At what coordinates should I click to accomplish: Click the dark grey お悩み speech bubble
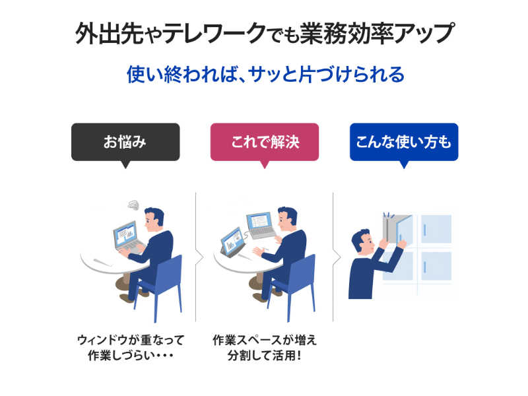coord(125,142)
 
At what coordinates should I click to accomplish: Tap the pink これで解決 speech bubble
coord(265,142)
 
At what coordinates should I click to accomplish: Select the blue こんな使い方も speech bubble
coord(404,142)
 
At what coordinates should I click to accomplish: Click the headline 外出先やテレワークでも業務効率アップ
coord(265,34)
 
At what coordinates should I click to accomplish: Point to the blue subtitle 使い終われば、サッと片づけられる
coord(265,75)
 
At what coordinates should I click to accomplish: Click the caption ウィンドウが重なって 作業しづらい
coord(131,347)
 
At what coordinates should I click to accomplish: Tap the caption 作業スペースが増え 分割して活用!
coord(265,347)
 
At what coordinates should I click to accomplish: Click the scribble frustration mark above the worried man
coord(134,205)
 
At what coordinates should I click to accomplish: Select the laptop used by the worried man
coord(129,238)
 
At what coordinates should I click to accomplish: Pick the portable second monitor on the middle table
coord(232,240)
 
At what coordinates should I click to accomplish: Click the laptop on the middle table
coord(261,226)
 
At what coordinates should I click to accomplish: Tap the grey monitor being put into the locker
coord(391,228)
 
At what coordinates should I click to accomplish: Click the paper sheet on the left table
coord(104,261)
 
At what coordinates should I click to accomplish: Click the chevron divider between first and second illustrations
coord(199,258)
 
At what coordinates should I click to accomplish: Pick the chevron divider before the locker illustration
coord(337,258)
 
